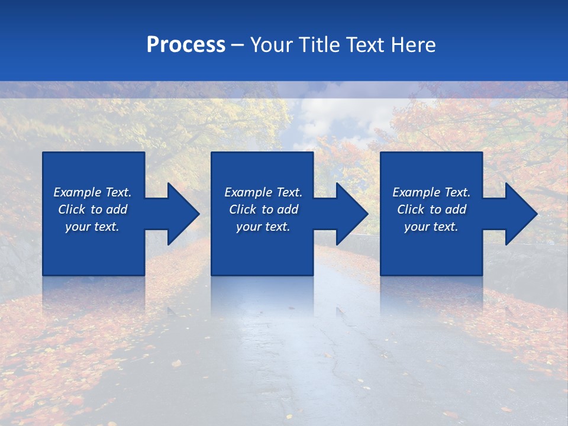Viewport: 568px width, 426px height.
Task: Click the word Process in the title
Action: coord(186,45)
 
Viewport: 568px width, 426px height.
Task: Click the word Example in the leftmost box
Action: coord(78,192)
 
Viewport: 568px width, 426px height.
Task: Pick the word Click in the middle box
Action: coord(242,209)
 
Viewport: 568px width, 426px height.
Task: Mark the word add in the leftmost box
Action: coord(117,209)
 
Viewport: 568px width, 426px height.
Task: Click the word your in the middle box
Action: coord(248,227)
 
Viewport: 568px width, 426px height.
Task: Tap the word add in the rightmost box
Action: coord(456,209)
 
